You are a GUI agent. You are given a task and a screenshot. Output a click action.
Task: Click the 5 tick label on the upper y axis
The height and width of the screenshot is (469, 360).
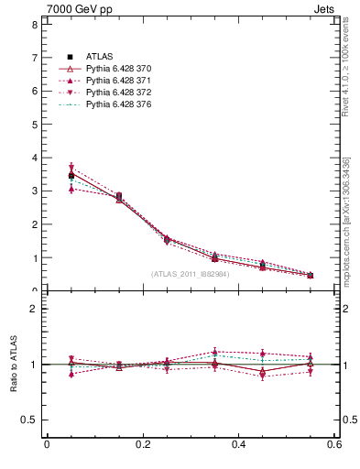(x=35, y=125)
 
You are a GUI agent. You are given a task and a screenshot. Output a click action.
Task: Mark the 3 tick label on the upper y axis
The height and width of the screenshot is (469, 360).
(x=35, y=191)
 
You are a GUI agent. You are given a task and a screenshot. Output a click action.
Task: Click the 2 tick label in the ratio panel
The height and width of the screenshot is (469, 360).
(x=35, y=310)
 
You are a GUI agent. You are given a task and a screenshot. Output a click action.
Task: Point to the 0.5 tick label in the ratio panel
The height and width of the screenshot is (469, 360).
(x=30, y=420)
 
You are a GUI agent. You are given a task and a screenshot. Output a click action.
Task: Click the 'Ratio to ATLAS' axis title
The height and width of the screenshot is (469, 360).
(x=13, y=365)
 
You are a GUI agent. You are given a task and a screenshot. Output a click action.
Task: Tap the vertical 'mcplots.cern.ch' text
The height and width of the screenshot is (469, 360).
(x=352, y=229)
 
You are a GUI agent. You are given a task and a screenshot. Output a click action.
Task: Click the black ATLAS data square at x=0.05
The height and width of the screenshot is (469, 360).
(x=71, y=175)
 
